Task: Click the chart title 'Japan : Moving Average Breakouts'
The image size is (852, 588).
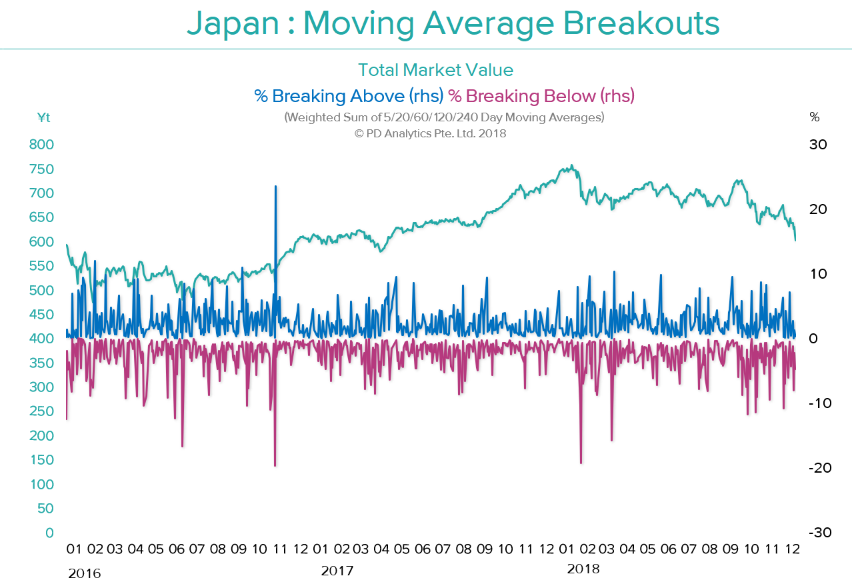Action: coord(453,24)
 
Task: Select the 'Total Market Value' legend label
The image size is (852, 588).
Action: coord(435,70)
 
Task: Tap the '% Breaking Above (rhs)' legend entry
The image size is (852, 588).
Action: coord(349,96)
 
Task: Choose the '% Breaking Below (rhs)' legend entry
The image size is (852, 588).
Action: coord(541,96)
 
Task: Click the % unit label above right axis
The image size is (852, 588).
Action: coord(814,118)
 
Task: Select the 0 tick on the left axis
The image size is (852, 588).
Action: coord(49,533)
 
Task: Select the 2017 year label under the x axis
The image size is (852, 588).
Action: coord(337,571)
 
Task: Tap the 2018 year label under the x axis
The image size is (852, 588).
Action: coord(583,569)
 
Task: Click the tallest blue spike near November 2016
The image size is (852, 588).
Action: coord(275,187)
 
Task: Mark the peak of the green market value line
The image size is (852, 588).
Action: coord(571,166)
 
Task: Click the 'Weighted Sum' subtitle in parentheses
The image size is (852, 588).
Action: coord(444,118)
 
